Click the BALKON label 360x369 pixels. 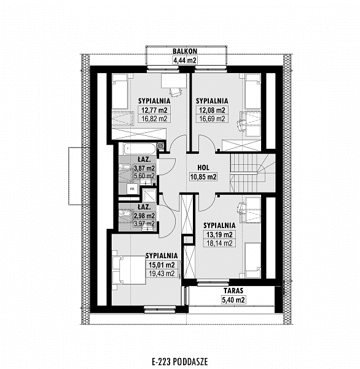tap(185, 51)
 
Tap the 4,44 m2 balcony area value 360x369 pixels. tap(185, 60)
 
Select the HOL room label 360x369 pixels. tap(203, 167)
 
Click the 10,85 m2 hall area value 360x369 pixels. tap(203, 177)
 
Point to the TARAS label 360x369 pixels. tap(233, 291)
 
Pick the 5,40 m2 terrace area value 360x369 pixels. tap(233, 300)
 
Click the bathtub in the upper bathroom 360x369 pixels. tap(139, 148)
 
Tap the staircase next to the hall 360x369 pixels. tap(252, 173)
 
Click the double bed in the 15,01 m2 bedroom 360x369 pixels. tap(128, 270)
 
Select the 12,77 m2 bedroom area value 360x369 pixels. tap(154, 110)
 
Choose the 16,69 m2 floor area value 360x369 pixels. tap(212, 119)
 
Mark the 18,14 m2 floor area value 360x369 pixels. tap(219, 244)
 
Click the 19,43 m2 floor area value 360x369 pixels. tap(162, 274)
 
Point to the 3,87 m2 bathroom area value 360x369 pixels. tap(144, 169)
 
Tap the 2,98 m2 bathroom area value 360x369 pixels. tap(144, 216)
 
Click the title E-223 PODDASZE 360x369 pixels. tap(180, 362)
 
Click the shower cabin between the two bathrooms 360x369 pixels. tap(149, 195)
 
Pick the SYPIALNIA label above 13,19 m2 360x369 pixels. tap(219, 226)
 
